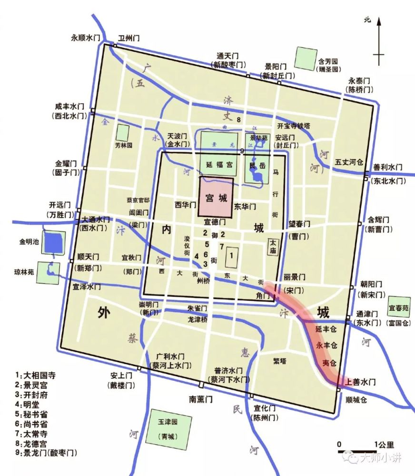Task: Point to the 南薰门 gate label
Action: click(199, 399)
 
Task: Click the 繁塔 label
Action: click(279, 360)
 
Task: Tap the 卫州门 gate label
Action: click(128, 38)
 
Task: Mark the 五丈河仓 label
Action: click(349, 162)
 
